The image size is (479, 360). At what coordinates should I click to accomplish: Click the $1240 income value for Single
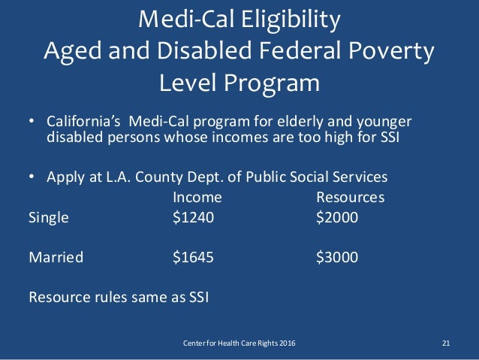click(193, 218)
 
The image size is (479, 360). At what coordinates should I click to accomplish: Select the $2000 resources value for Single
click(337, 218)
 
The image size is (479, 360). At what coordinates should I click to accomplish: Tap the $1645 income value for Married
click(193, 258)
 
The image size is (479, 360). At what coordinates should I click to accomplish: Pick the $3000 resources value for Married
click(337, 258)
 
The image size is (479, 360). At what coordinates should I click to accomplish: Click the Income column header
click(197, 198)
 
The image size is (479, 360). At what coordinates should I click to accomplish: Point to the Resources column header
click(350, 198)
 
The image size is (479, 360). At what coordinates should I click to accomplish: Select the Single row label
click(48, 218)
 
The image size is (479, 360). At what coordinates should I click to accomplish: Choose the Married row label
click(56, 258)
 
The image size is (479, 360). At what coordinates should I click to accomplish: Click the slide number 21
click(446, 343)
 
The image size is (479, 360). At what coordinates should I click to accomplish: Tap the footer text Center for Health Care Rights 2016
click(239, 343)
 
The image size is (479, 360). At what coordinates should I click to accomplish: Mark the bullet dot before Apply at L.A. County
click(32, 178)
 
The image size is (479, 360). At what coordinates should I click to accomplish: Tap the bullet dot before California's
click(32, 123)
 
